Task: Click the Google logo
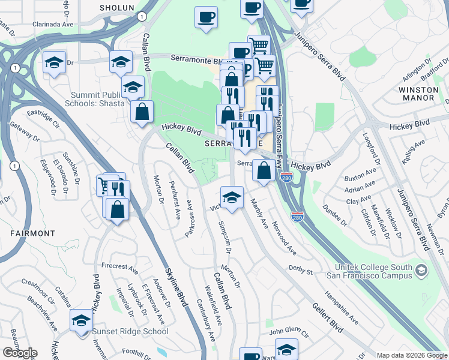pos(20,353)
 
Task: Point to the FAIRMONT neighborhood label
pos(32,233)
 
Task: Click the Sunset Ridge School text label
pos(130,331)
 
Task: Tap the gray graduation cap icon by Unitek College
pos(421,271)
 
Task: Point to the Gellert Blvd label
pos(328,318)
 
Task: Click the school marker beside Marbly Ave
pos(232,197)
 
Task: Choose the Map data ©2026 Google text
pos(411,355)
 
